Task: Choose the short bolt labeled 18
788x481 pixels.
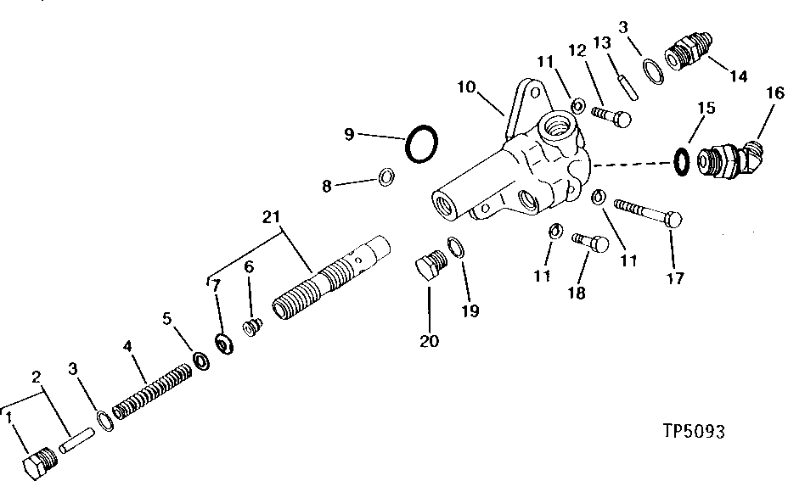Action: click(x=591, y=244)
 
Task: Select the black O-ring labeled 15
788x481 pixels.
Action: click(x=681, y=160)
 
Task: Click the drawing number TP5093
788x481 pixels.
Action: click(x=694, y=433)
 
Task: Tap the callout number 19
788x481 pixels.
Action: click(x=470, y=311)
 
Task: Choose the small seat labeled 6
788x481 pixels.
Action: click(x=250, y=328)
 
